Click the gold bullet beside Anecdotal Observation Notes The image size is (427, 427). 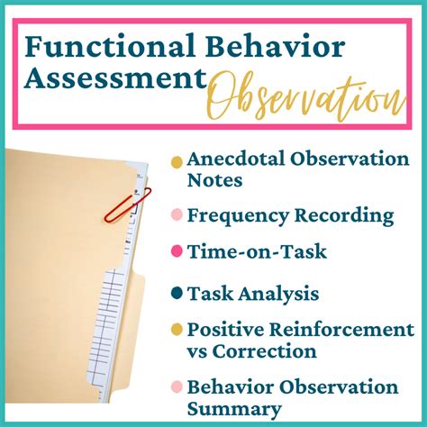177,161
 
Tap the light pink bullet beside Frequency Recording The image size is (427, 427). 177,216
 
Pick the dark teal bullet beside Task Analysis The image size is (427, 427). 177,293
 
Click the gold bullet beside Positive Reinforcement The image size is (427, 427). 177,330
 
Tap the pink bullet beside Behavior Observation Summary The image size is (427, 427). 177,388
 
